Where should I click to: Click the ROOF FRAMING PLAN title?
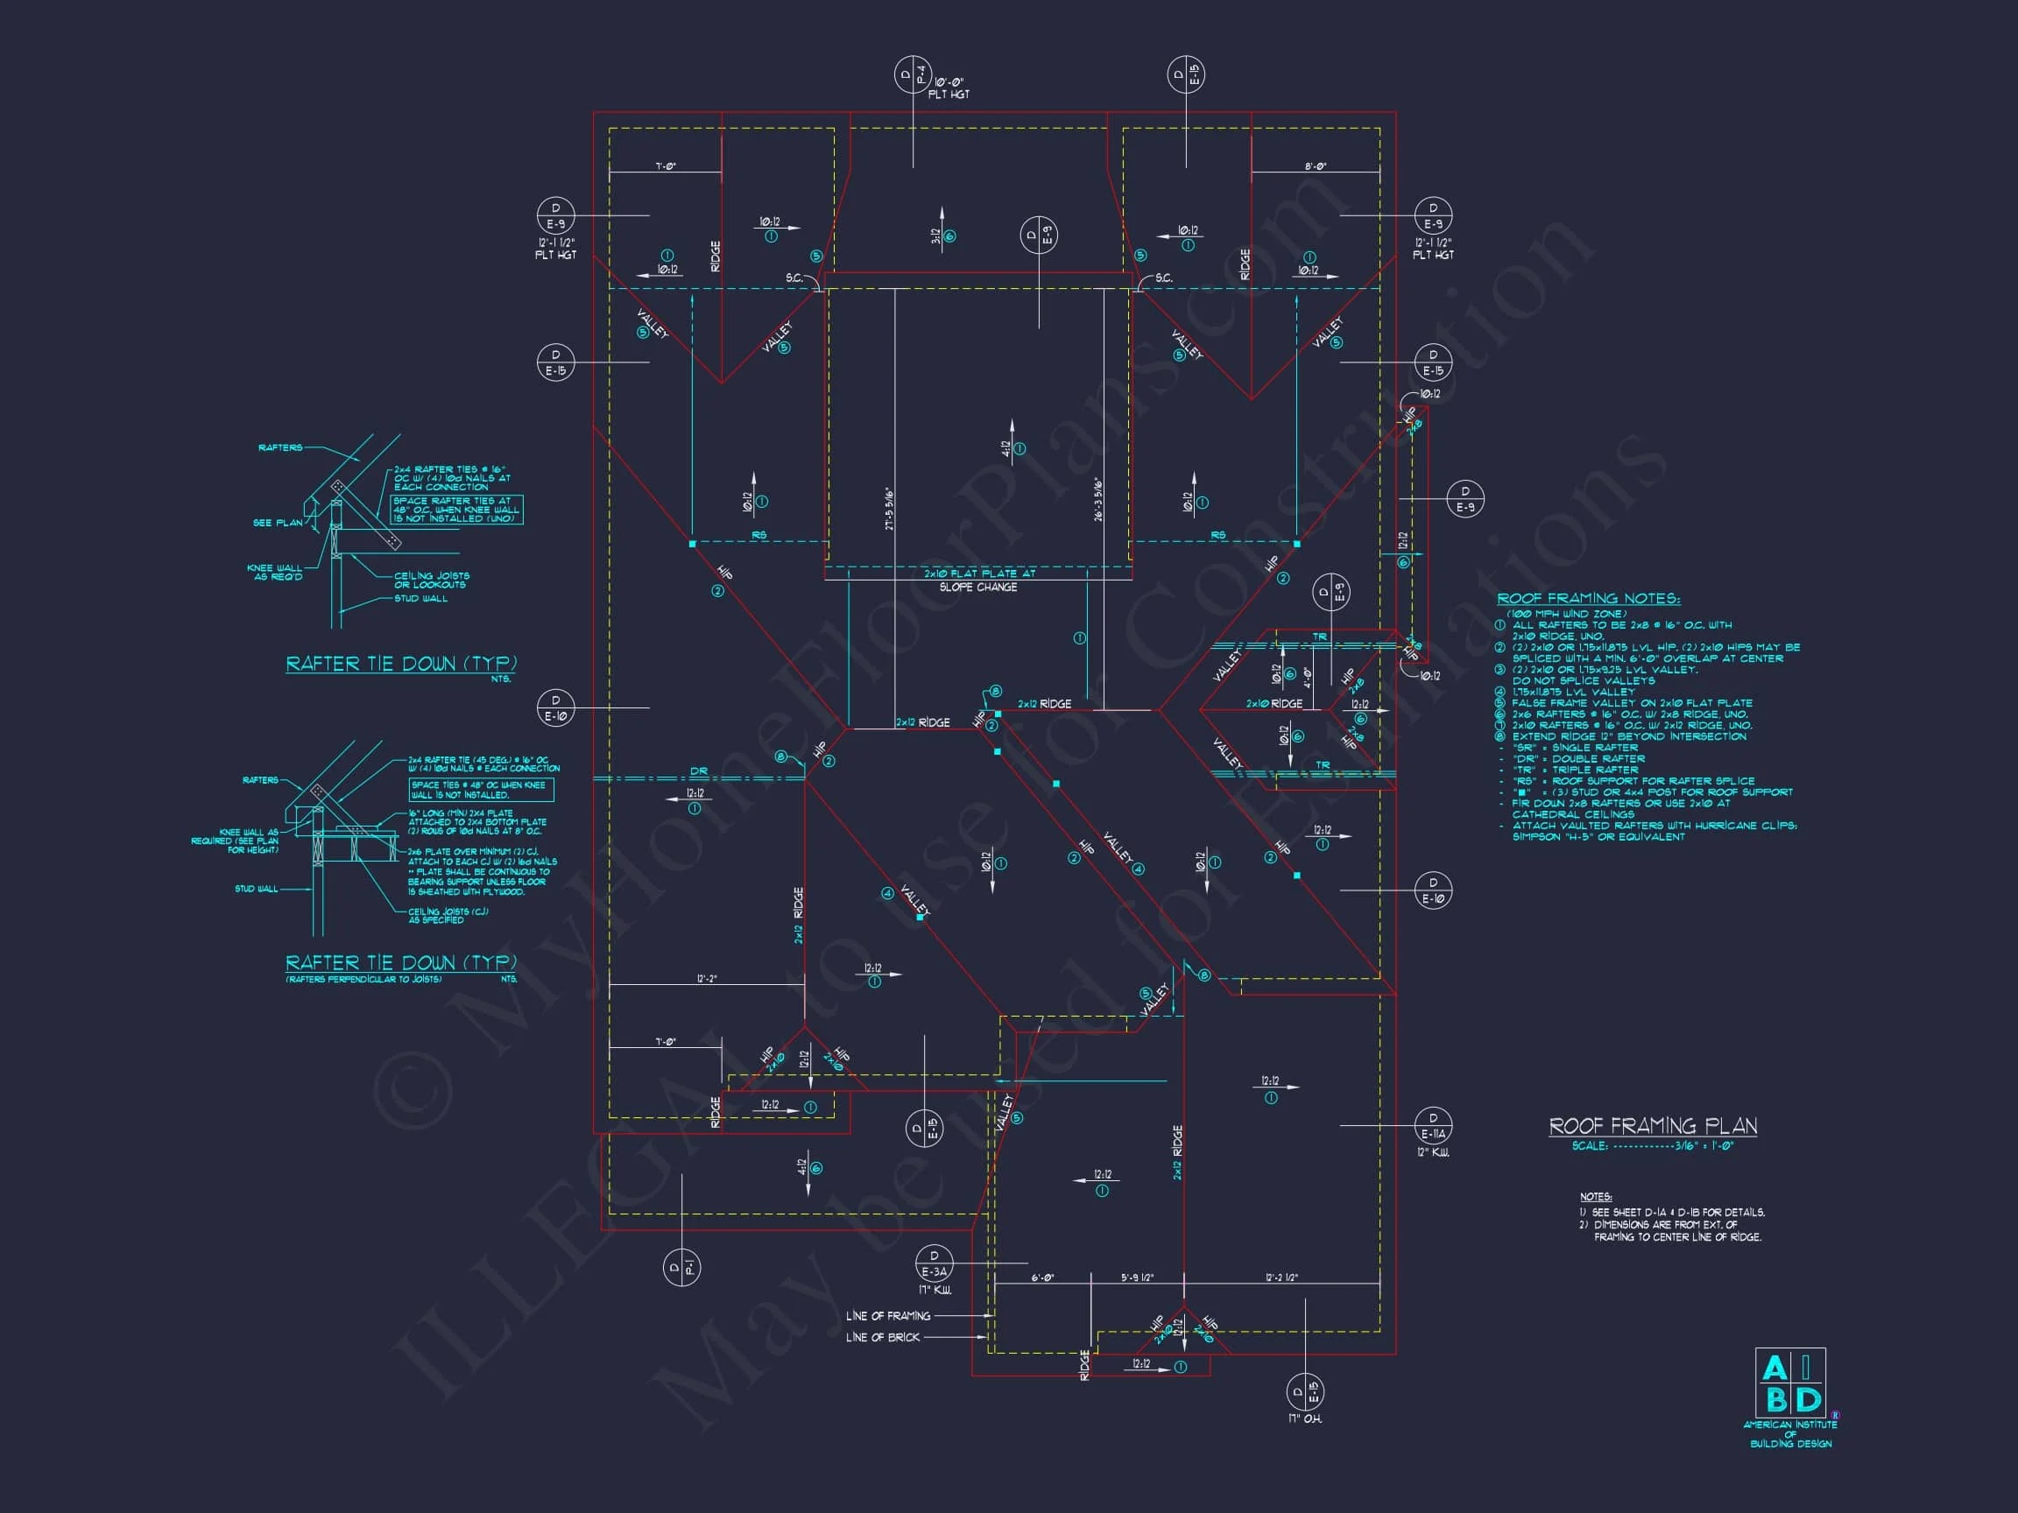(x=1652, y=1126)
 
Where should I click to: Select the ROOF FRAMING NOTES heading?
(x=1588, y=599)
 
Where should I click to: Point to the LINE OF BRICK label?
(x=882, y=1337)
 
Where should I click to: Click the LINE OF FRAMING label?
(x=887, y=1316)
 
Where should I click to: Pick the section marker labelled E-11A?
(x=1432, y=1126)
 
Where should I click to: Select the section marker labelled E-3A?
(x=934, y=1263)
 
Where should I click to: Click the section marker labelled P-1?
(x=681, y=1267)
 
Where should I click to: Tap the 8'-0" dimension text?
(x=1315, y=167)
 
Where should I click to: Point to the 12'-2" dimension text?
(x=706, y=980)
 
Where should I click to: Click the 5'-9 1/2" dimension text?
(x=1137, y=1277)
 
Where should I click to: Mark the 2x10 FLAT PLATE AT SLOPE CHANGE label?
(x=979, y=580)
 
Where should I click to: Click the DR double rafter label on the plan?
(x=698, y=771)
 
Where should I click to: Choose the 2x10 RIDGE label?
(x=1274, y=704)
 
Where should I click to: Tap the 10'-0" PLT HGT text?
(x=949, y=88)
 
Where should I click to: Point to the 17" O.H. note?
(x=1307, y=1419)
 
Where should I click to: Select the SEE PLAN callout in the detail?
(x=278, y=523)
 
